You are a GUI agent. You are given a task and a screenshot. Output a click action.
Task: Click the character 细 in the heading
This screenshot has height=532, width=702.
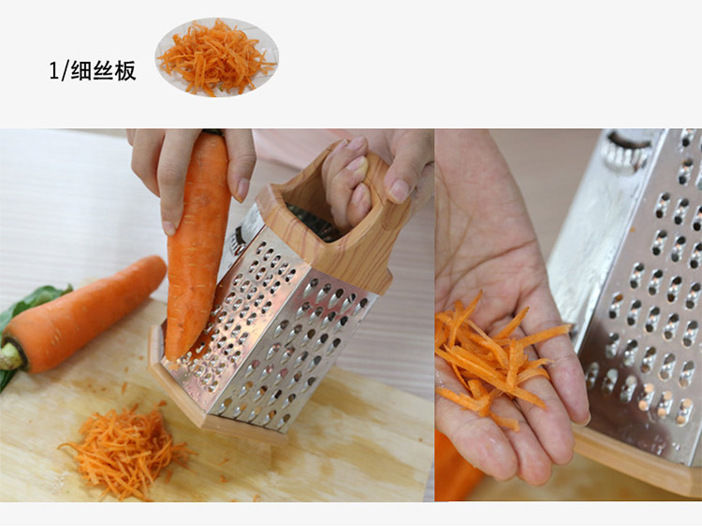(x=81, y=71)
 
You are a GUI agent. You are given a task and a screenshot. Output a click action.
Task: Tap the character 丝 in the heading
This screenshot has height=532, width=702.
(x=103, y=71)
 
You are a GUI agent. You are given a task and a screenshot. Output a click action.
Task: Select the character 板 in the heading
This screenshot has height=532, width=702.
(x=125, y=71)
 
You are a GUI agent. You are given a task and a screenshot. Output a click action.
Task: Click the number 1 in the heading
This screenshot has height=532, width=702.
(x=53, y=71)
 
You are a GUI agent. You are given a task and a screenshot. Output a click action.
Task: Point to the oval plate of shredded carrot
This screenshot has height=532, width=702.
(x=217, y=57)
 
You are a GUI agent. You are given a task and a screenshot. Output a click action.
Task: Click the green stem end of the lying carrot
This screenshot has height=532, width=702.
(x=10, y=355)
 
